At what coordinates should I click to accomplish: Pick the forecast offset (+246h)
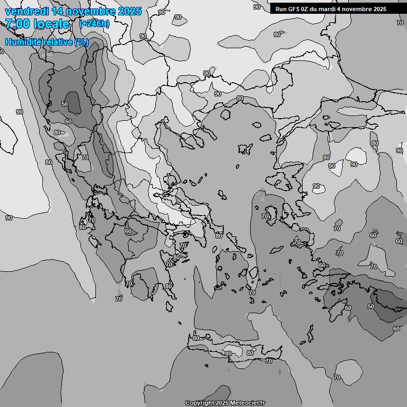(x=94, y=23)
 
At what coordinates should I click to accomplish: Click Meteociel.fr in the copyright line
(x=244, y=403)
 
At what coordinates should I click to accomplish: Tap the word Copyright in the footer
(x=199, y=403)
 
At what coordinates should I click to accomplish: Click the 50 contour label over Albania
(x=65, y=104)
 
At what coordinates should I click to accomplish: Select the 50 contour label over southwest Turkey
(x=370, y=306)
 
